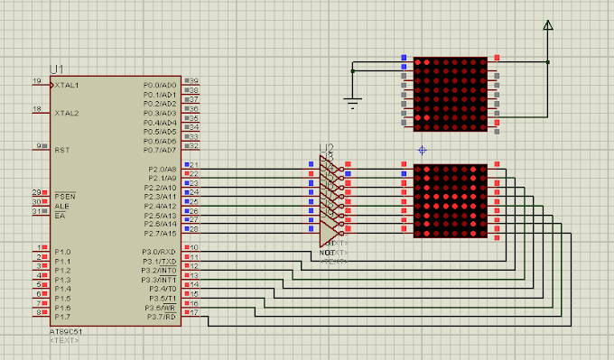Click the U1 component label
coord(58,69)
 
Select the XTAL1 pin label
coord(67,85)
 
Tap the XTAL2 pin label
coord(67,113)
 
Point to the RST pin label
coord(62,150)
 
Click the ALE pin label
coord(61,206)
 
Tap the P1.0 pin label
coord(61,252)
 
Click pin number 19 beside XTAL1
coord(37,81)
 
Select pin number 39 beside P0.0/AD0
coord(193,81)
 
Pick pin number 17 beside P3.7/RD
coord(193,313)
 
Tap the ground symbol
coord(354,103)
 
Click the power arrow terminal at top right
coord(547,27)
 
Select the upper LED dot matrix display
coord(450,95)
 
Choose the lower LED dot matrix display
coord(450,201)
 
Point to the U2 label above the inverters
coord(326,148)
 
